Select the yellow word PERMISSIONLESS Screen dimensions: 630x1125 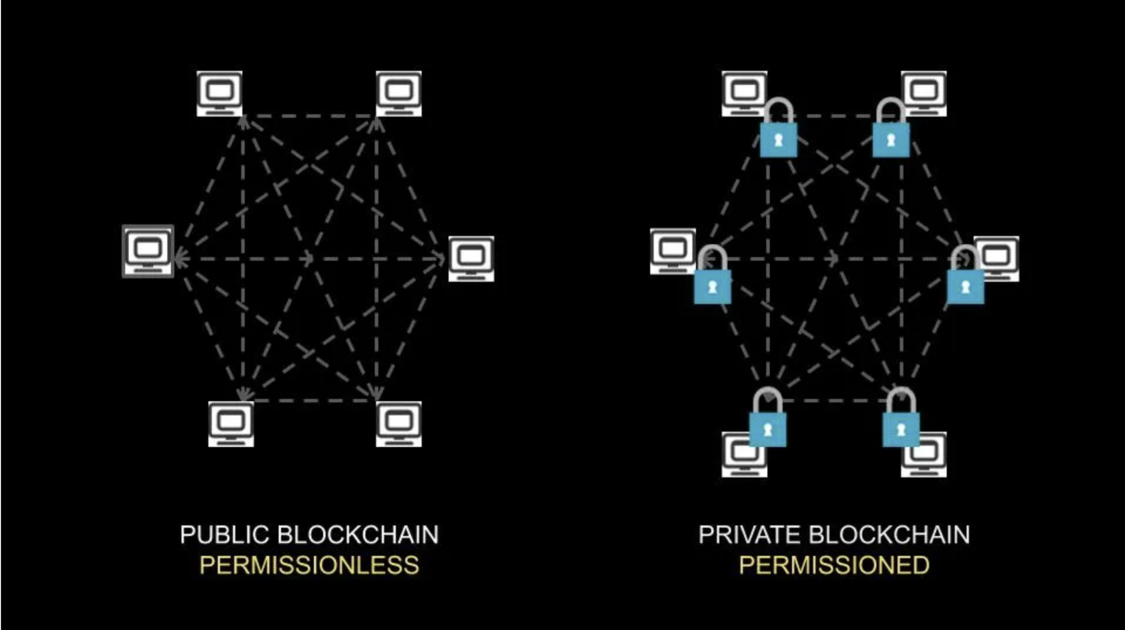309,566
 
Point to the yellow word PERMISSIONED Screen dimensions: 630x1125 834,566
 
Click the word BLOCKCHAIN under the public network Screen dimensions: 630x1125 358,535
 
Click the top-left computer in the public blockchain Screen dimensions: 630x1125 219,93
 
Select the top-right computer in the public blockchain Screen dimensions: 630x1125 399,93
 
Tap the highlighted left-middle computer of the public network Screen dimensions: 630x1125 148,251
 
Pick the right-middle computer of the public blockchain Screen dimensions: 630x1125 471,258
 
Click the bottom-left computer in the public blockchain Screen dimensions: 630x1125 231,424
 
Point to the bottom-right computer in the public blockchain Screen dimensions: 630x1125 399,424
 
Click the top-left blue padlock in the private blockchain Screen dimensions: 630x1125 778,139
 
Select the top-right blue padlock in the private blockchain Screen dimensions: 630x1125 891,139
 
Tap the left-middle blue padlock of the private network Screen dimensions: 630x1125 712,286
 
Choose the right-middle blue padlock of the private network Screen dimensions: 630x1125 965,286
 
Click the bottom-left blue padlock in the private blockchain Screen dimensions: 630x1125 768,429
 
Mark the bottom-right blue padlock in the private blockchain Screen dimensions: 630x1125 901,429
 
